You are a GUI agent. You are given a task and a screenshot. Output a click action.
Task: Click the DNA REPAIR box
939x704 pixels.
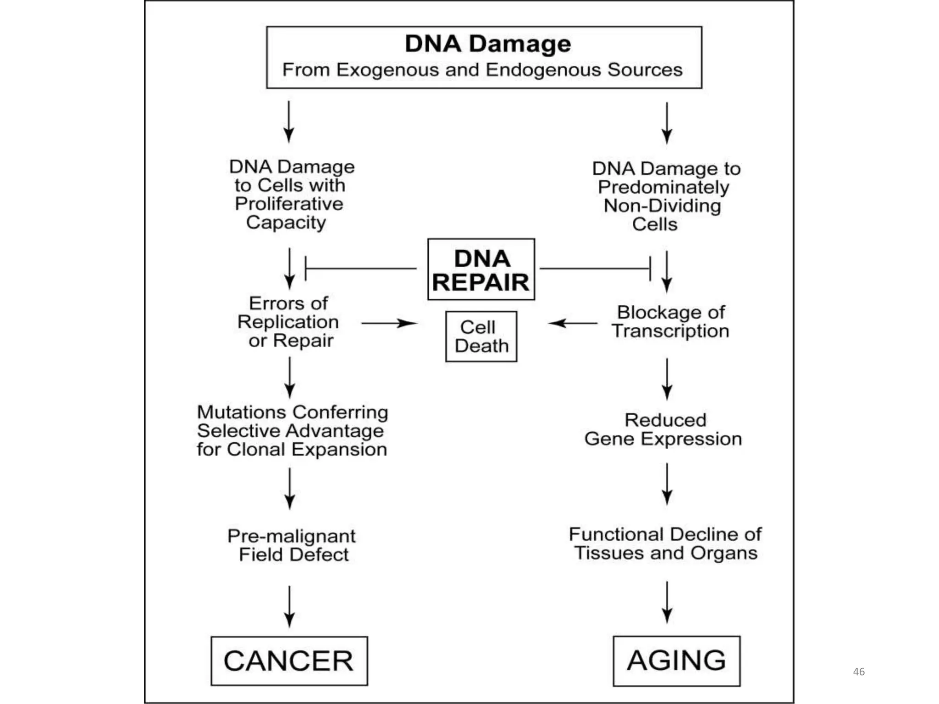coord(481,269)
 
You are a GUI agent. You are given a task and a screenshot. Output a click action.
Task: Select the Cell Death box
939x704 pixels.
coord(481,336)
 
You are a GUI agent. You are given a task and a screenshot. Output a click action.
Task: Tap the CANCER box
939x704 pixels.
coord(289,660)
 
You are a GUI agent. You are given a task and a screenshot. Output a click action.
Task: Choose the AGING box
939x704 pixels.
coord(676,660)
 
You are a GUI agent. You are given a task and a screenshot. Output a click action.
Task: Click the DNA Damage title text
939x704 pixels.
coord(488,44)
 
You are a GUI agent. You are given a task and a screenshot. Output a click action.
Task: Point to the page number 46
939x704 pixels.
coord(858,671)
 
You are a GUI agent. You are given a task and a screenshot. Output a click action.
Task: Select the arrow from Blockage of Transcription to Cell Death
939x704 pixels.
coord(573,323)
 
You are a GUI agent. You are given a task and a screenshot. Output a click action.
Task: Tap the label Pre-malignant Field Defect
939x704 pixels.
coord(292,545)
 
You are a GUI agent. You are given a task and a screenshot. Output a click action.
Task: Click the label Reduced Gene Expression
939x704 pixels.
coord(663,429)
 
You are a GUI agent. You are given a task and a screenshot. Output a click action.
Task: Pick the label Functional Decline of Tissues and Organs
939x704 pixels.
coord(665,544)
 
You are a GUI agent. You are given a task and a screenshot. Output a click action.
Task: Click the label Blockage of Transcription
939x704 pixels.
coord(670,321)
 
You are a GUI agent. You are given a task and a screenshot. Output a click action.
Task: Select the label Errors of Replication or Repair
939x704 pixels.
coord(289,322)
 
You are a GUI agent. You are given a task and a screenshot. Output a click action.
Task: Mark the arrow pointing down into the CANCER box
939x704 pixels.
coord(289,606)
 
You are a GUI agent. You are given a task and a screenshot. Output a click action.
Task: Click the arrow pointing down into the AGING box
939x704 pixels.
coord(667,602)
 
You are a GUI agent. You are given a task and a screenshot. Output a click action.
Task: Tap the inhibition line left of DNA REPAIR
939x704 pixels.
coord(360,269)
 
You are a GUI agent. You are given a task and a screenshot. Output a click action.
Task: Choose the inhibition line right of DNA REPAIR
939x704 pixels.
coord(595,269)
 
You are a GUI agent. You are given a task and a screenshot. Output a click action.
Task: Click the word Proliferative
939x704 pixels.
coord(289,203)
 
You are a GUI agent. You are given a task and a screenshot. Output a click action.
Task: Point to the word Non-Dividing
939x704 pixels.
coord(662,206)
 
